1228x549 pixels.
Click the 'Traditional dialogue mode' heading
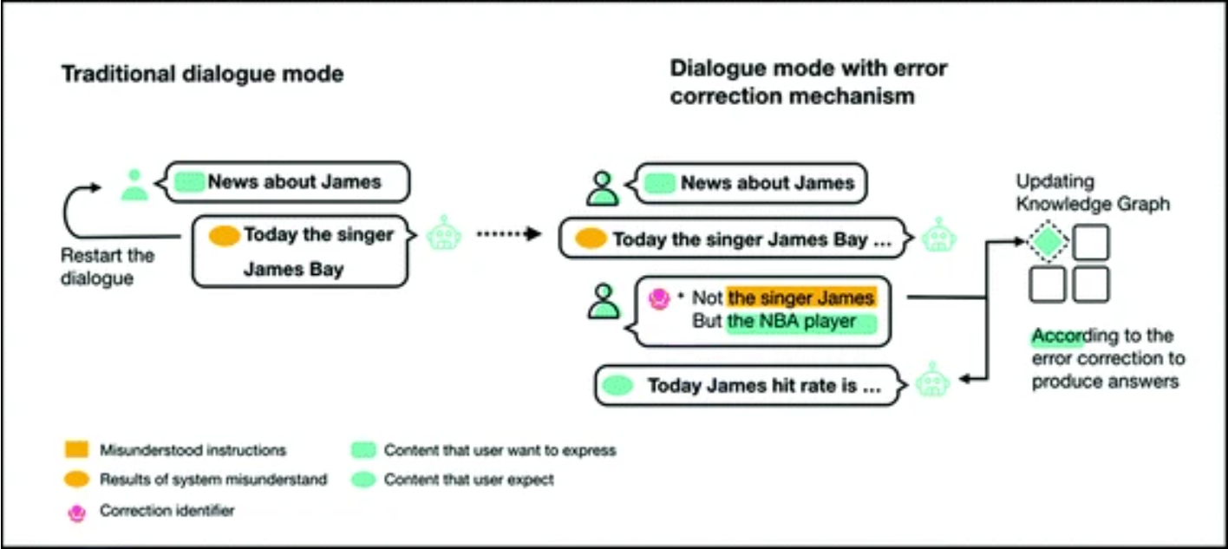click(202, 74)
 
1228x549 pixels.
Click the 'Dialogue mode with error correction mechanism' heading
click(807, 82)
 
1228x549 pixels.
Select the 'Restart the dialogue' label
click(108, 267)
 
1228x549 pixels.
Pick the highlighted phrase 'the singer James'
click(801, 298)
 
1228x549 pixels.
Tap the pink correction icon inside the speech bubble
click(660, 299)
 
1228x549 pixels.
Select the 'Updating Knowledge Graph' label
click(1093, 193)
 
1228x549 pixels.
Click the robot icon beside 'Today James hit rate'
click(933, 379)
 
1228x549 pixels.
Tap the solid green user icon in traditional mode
click(134, 185)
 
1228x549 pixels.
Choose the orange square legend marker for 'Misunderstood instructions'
click(76, 450)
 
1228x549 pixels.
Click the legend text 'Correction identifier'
click(167, 511)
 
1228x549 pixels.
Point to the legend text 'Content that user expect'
click(468, 479)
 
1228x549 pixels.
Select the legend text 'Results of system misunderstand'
click(213, 479)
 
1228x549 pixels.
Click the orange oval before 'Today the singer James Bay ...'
click(591, 239)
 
